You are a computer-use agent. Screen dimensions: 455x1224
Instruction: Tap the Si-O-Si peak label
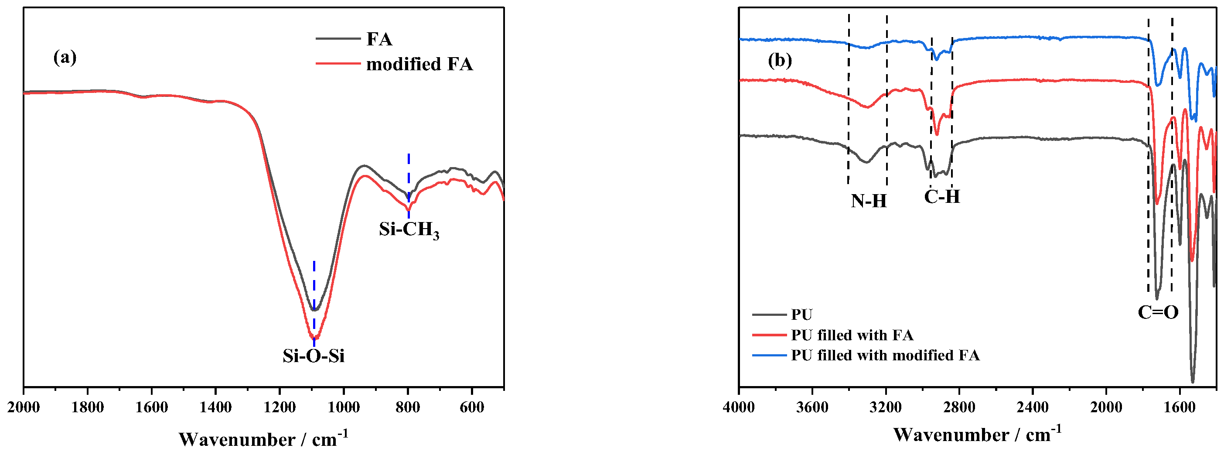click(313, 356)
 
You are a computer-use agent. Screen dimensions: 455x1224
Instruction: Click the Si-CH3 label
click(409, 230)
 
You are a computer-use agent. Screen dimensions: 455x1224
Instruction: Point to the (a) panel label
click(65, 57)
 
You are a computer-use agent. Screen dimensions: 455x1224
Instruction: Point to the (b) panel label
click(780, 60)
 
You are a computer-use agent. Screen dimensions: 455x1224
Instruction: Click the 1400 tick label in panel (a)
click(216, 407)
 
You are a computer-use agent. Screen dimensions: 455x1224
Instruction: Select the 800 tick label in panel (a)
click(408, 407)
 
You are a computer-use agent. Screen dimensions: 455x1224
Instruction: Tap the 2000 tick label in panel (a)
click(24, 407)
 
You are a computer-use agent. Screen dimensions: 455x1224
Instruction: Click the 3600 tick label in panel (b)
click(812, 407)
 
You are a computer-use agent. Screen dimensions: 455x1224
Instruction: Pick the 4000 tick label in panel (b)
click(739, 407)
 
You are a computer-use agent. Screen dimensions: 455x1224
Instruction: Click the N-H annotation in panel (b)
click(869, 201)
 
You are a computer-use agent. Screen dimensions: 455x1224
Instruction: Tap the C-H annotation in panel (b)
click(942, 196)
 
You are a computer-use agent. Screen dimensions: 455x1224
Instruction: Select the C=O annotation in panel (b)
click(1158, 312)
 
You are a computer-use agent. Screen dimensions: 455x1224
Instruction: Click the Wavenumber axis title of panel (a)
click(263, 438)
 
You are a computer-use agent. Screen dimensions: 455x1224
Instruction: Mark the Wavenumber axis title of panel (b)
click(977, 434)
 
